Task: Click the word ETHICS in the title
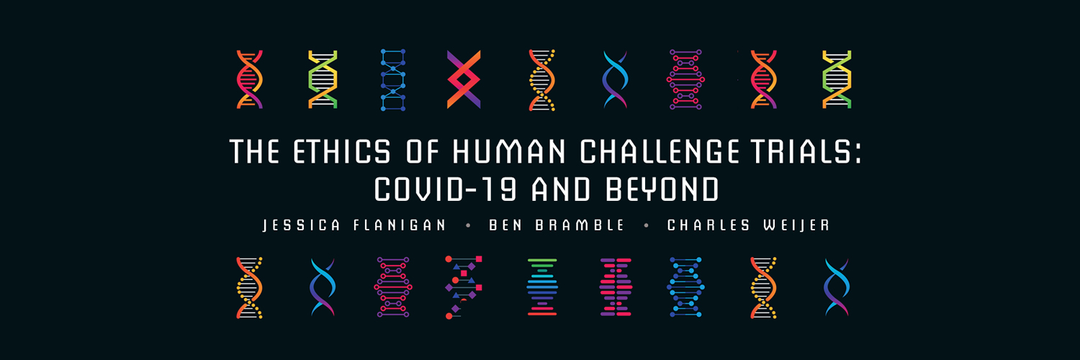(330, 152)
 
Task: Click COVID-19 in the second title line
(446, 189)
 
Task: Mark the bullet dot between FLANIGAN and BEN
(469, 225)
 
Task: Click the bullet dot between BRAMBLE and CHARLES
(646, 225)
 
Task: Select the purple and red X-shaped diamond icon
(464, 79)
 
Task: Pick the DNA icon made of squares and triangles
(464, 287)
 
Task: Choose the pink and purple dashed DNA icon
(615, 287)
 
